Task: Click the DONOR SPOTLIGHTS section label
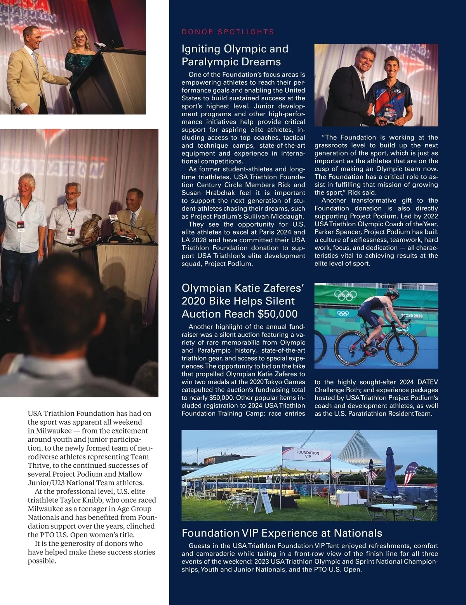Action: [228, 32]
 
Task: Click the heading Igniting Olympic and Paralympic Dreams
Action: [235, 55]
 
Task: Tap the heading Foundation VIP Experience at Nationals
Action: [282, 533]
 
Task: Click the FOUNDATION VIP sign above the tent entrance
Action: [308, 454]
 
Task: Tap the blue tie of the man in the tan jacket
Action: [35, 63]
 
